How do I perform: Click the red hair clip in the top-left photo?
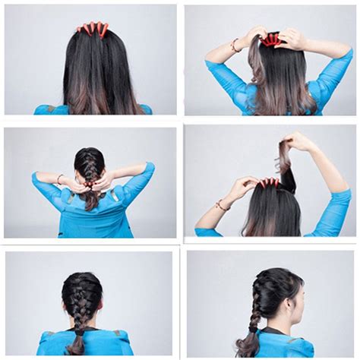92,29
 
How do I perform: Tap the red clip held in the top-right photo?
271,39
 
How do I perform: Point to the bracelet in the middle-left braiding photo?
60,178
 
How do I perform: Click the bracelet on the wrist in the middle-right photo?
222,204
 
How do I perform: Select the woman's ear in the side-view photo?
291,298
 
